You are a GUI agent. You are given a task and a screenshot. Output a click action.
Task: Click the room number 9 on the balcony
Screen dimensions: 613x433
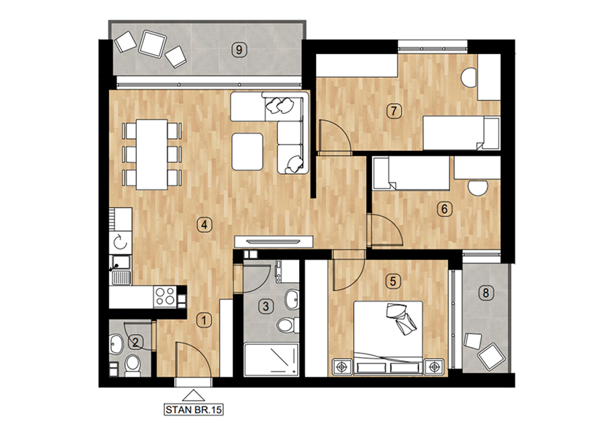point(239,50)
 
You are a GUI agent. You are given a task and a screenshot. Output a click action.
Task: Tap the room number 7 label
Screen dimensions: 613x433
point(394,111)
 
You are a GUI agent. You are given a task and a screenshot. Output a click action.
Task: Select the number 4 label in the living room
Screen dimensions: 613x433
point(204,225)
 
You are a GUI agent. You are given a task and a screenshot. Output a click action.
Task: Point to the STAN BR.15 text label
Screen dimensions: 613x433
point(194,410)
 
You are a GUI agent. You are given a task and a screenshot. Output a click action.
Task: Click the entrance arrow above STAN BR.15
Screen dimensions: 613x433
point(194,396)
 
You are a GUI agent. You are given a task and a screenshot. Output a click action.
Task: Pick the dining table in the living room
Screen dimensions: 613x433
point(152,155)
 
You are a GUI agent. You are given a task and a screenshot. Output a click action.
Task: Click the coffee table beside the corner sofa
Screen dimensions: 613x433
point(247,152)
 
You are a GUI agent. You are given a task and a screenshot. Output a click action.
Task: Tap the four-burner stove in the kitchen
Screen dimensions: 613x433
point(165,296)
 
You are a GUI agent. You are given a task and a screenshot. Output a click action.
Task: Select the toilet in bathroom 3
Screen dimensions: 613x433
point(287,325)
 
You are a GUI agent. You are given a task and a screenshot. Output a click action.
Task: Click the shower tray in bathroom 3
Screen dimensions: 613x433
point(272,359)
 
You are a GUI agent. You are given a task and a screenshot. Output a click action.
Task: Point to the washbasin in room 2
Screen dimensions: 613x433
point(116,345)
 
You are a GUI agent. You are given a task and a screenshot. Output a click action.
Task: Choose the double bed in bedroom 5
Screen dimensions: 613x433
point(388,338)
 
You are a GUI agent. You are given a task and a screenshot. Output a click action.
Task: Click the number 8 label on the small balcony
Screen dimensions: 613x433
point(485,293)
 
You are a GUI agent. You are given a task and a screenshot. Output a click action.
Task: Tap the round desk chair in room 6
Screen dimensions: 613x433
point(477,187)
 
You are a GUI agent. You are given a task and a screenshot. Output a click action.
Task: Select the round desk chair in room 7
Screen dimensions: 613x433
point(469,77)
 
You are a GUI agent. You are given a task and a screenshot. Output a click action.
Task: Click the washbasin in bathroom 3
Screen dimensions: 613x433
point(291,300)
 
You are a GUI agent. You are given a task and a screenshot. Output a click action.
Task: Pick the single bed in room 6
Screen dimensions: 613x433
point(411,173)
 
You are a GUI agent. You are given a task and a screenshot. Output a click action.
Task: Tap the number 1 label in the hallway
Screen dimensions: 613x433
point(204,321)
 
